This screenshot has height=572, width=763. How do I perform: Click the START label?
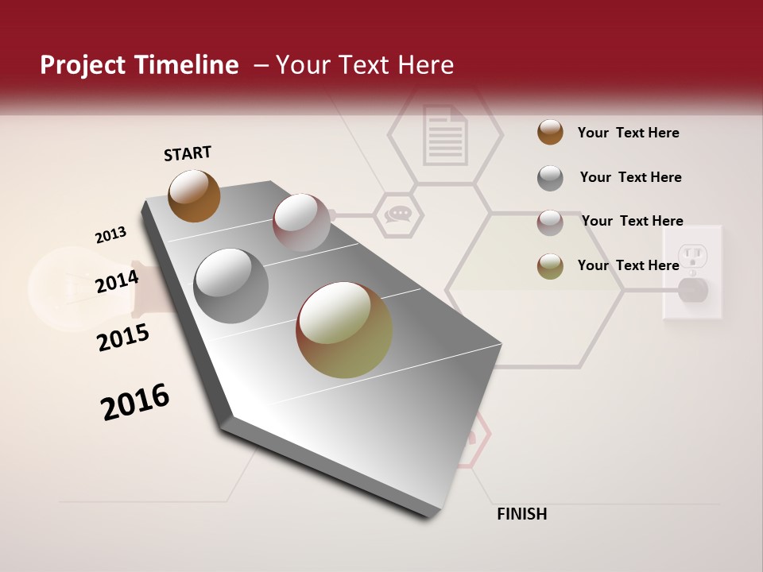[x=188, y=153]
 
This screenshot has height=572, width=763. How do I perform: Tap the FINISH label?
[x=521, y=514]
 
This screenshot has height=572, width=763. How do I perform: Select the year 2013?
[x=110, y=235]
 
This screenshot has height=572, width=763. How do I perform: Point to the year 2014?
[x=117, y=281]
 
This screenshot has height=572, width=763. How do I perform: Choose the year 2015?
[x=123, y=338]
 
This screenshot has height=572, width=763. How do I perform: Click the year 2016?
[x=135, y=402]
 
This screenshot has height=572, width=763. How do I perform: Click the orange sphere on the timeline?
[x=194, y=195]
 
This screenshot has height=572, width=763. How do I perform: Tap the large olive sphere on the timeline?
[x=343, y=330]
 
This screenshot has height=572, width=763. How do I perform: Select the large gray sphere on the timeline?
[x=230, y=285]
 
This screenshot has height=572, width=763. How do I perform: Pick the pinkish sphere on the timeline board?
[x=300, y=222]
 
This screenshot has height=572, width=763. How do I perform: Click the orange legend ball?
[x=550, y=133]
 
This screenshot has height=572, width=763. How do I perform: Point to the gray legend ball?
[x=550, y=178]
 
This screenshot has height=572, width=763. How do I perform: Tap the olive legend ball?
[x=550, y=266]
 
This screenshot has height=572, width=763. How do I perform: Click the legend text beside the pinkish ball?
[x=632, y=221]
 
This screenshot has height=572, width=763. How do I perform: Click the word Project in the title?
[x=81, y=65]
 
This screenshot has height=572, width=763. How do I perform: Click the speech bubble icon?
[x=397, y=214]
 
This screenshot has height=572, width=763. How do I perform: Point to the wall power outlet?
[x=693, y=272]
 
